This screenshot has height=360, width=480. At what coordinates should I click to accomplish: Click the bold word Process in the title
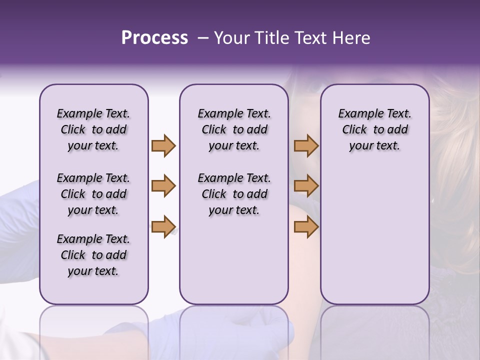(x=154, y=38)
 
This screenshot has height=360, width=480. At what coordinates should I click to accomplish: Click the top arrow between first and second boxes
(x=163, y=145)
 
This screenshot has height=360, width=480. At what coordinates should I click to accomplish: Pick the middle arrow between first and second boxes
(x=163, y=186)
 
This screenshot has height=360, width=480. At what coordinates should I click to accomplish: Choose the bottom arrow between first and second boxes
(x=163, y=226)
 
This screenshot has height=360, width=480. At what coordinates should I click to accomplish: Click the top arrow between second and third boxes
(x=306, y=145)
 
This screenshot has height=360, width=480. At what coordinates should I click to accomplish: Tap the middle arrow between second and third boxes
(x=306, y=186)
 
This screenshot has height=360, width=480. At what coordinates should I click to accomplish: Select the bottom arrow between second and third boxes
(x=306, y=226)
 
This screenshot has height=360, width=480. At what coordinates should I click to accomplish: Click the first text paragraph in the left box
(x=93, y=129)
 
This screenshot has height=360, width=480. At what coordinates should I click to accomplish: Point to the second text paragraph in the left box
(x=93, y=194)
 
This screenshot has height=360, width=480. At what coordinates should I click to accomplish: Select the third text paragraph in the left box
(x=93, y=255)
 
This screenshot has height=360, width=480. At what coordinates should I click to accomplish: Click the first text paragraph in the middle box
(x=234, y=129)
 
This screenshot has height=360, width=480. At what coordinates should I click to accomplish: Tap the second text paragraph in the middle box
(x=234, y=194)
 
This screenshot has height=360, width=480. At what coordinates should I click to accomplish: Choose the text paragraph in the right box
(x=374, y=129)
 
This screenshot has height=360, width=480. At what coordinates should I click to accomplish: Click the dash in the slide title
(x=203, y=38)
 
